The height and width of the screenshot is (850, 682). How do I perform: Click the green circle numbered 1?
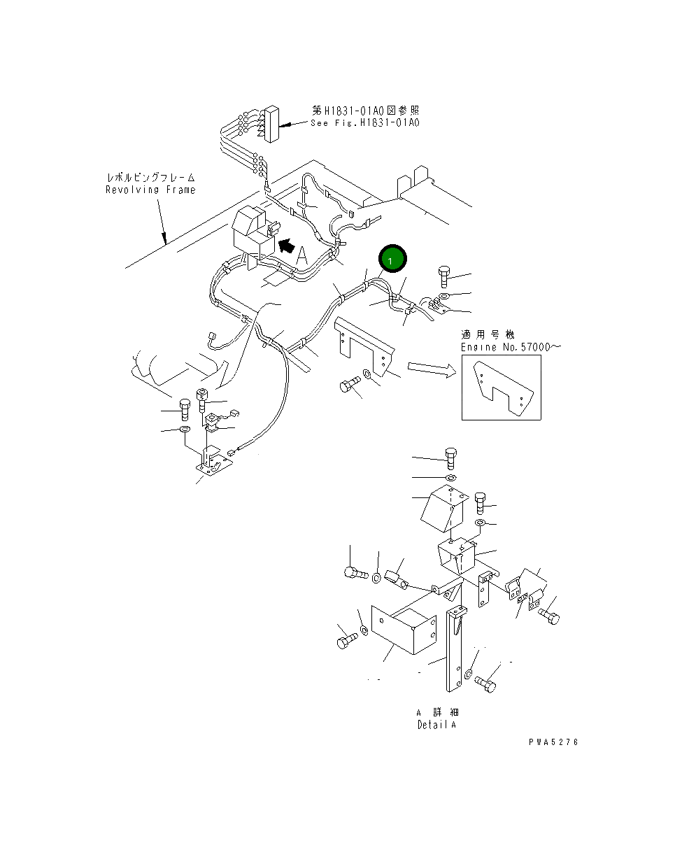pos(392,260)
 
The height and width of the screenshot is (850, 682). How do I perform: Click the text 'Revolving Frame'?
pos(150,190)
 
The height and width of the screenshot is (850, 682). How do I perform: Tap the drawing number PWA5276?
pos(553,742)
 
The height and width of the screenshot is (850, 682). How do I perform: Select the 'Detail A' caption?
pos(436,725)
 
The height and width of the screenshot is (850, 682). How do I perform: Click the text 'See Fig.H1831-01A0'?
pos(364,122)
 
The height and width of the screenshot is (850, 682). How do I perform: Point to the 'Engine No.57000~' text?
pos(511,347)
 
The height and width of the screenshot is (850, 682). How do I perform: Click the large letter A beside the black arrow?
pos(301,256)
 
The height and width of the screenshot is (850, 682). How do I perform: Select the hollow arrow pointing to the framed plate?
pos(429,369)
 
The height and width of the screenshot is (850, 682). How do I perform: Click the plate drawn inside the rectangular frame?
pos(502,388)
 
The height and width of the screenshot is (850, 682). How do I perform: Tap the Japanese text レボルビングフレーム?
pos(150,178)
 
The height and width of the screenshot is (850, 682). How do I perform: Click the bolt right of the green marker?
pos(446,276)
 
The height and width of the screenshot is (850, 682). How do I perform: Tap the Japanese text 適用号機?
pos(488,335)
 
